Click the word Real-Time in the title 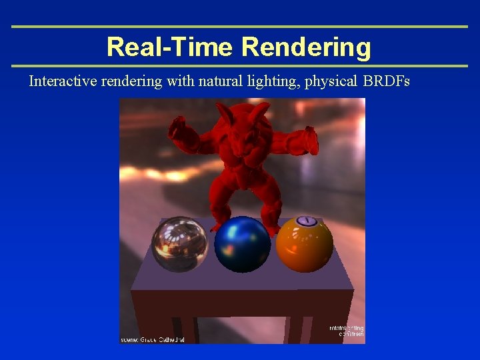tap(171, 47)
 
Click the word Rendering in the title tap(306, 47)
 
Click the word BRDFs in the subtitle tap(387, 81)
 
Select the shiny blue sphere tap(243, 244)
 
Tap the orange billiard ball tap(305, 244)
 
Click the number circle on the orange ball tap(306, 221)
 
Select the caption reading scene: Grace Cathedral tap(153, 339)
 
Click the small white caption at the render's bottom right tap(347, 331)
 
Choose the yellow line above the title tap(240, 27)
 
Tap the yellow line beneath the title tap(240, 66)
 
